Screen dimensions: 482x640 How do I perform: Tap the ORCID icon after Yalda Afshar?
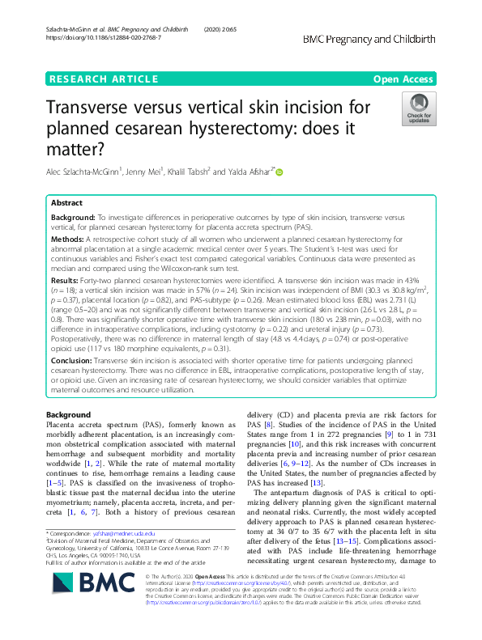click(280, 172)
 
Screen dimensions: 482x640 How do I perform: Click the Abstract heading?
click(67, 204)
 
